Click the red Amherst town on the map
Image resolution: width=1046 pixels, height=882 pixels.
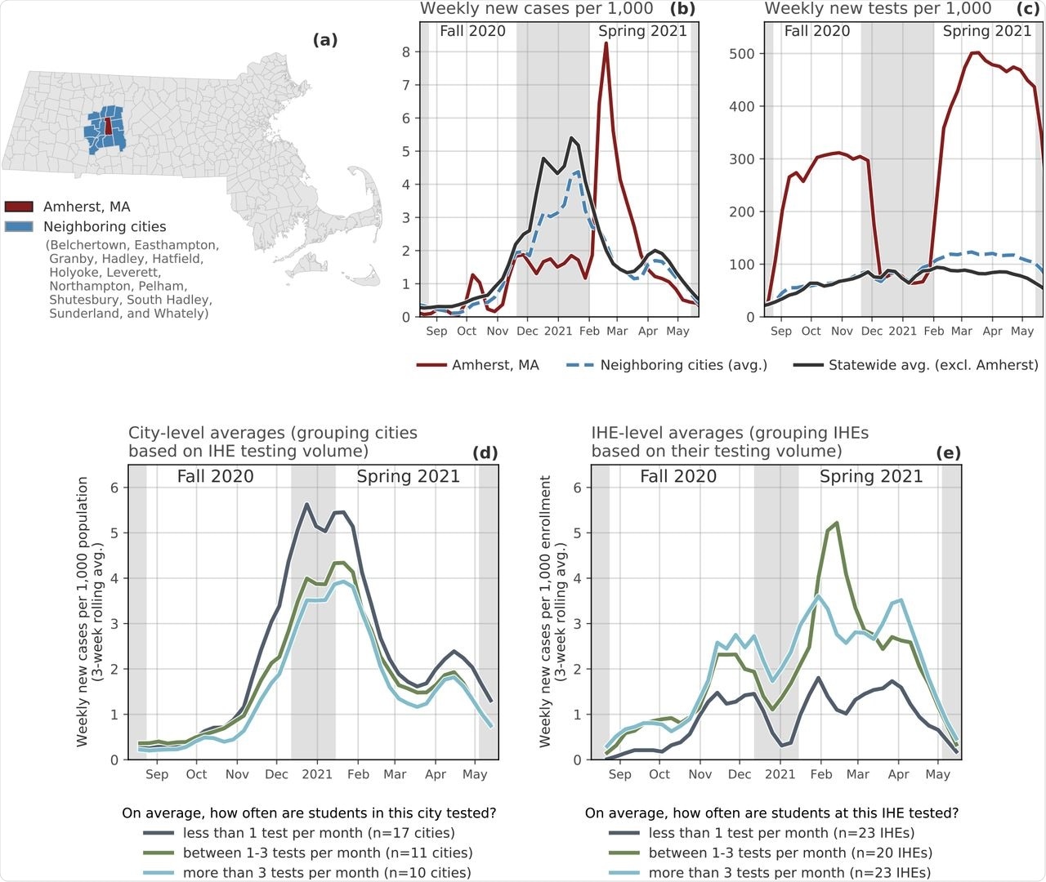pos(108,126)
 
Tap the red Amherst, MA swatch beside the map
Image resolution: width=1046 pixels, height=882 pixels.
pos(19,207)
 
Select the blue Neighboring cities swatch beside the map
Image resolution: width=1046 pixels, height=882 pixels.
pos(19,227)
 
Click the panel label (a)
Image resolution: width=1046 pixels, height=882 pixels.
pos(324,40)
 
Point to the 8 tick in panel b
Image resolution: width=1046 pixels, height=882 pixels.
pos(406,52)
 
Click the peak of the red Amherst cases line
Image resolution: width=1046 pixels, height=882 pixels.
pos(606,43)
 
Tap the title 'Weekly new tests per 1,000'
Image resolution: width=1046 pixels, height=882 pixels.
pos(878,9)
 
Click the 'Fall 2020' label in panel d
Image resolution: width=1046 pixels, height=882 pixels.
pos(215,477)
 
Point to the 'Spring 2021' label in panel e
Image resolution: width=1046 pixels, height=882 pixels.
pos(871,477)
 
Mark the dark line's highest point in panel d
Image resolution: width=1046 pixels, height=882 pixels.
pos(306,504)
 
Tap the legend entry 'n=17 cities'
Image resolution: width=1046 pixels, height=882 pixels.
pos(299,833)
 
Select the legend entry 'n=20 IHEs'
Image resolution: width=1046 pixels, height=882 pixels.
pos(790,853)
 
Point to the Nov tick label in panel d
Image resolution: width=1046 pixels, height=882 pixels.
pos(237,774)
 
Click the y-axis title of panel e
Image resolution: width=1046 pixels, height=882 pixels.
pos(552,611)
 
